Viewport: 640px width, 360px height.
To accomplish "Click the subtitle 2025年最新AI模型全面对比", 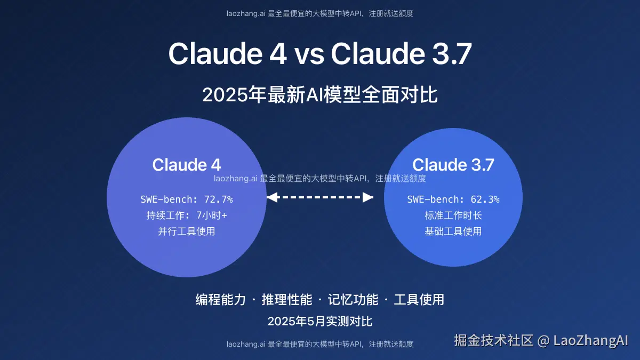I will tap(320, 95).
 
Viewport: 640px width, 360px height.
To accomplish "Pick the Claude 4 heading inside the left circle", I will tap(187, 165).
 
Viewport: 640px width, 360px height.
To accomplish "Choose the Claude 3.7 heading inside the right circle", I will tap(453, 165).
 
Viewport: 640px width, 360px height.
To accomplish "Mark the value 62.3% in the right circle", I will tap(485, 199).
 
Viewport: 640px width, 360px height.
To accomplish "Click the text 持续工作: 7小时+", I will tap(187, 215).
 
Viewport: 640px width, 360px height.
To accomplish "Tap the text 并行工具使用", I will tap(187, 231).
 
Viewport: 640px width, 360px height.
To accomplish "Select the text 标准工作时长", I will tap(453, 215).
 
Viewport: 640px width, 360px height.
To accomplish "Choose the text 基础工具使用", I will tap(453, 231).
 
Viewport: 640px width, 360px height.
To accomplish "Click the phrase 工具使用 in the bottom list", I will tap(419, 300).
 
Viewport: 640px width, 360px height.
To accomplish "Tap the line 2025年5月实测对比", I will tap(320, 321).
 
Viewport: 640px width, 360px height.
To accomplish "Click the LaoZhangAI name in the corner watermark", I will tap(591, 340).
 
